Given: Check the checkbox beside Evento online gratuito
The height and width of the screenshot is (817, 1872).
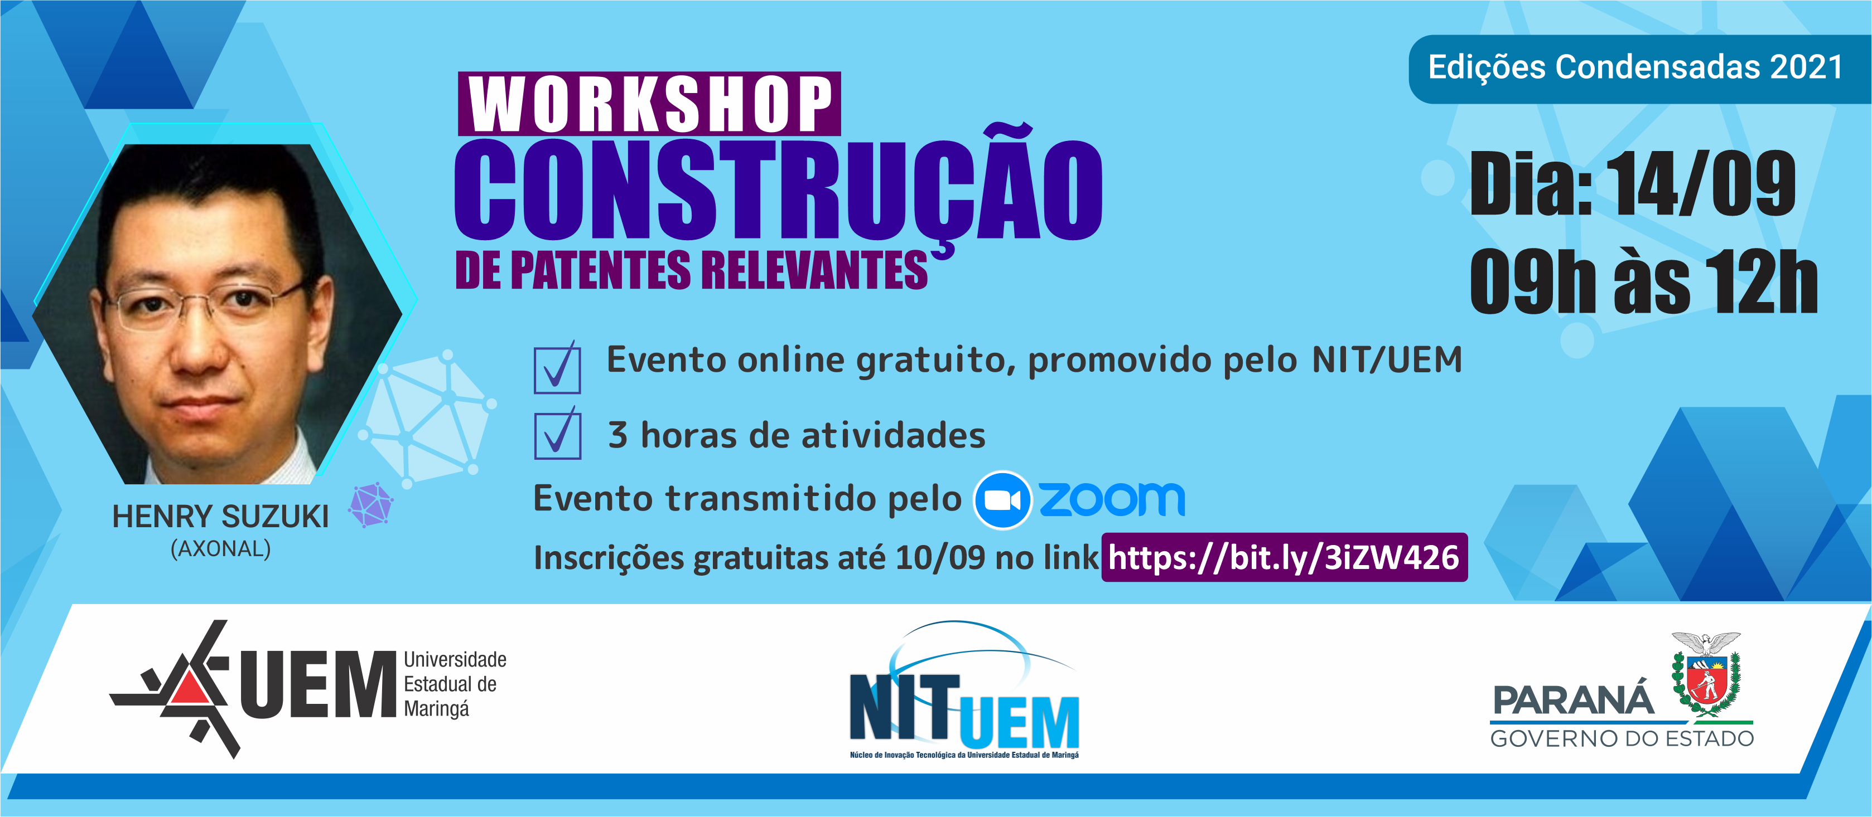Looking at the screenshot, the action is point(557,367).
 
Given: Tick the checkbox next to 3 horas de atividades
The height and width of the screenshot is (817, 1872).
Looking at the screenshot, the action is point(557,433).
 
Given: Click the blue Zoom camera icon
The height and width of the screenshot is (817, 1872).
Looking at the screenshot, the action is point(1002,500).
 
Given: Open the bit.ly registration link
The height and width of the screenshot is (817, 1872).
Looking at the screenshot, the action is point(1284,558).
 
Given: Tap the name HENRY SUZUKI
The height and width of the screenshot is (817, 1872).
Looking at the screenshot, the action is point(220,517).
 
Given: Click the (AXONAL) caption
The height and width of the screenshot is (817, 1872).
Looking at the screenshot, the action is point(221,549).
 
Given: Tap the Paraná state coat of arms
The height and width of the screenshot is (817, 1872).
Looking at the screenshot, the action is point(1706,675).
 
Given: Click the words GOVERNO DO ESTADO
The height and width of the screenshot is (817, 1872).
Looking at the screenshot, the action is point(1622,738).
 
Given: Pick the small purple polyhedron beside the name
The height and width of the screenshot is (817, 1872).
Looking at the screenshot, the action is point(371,505).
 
